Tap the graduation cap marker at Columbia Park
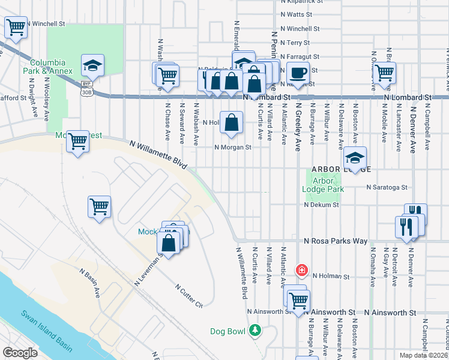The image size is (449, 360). (93, 64)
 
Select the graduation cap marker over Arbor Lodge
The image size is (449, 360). (355, 158)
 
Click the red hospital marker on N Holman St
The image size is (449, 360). (301, 271)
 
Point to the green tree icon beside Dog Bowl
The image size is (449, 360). (255, 331)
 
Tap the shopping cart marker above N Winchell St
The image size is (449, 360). (16, 27)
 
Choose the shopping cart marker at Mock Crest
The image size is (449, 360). (77, 142)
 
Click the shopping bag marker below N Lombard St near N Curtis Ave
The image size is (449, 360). (231, 122)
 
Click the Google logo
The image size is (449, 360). (20, 353)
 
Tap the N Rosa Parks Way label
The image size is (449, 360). (336, 241)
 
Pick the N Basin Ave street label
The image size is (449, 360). (91, 282)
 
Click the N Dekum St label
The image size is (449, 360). (322, 205)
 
